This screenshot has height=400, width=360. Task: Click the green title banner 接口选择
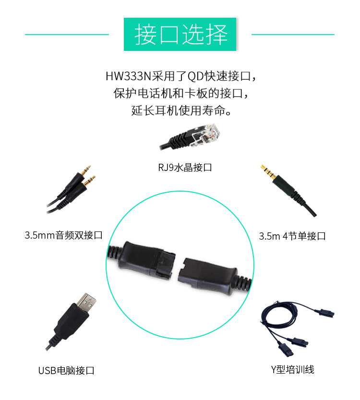tap(180, 34)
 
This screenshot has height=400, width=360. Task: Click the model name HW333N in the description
tap(129, 76)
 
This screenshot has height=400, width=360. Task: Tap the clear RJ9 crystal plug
tap(206, 135)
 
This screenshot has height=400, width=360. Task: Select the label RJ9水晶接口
tap(185, 168)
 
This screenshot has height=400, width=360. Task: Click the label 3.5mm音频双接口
tap(63, 235)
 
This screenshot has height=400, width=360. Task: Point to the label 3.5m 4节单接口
tap(292, 236)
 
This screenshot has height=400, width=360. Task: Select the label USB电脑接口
tap(66, 370)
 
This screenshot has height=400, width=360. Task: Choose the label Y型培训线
tap(292, 369)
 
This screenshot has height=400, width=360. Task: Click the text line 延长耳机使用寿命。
tap(181, 111)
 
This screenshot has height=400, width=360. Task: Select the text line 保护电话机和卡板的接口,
tap(181, 93)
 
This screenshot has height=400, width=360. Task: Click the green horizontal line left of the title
tap(67, 35)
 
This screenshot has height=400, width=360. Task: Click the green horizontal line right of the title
tap(293, 35)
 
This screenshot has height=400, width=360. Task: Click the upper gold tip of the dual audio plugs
tap(86, 170)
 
